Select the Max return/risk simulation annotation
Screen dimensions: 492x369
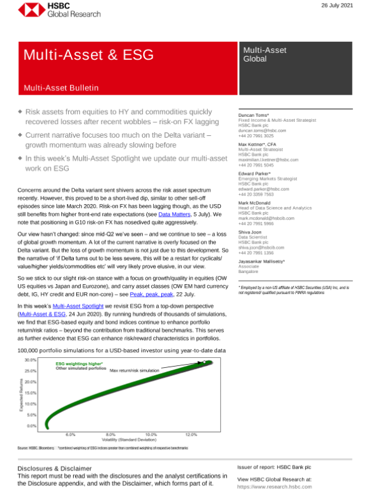(x=135, y=371)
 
